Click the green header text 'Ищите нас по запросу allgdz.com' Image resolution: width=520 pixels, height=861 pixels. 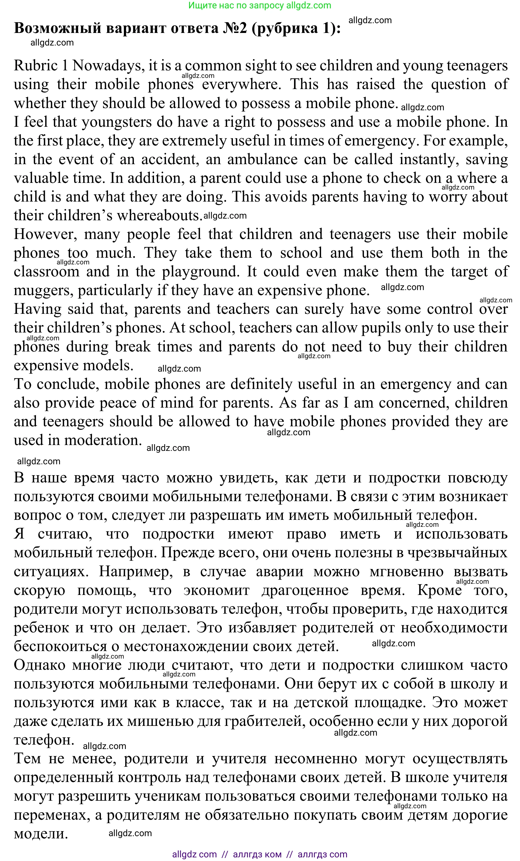pyautogui.click(x=259, y=6)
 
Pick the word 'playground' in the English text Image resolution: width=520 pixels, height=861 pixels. pyautogui.click(x=200, y=272)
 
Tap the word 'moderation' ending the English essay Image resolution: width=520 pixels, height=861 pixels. pyautogui.click(x=103, y=440)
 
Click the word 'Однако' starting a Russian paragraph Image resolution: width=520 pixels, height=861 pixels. pyautogui.click(x=39, y=665)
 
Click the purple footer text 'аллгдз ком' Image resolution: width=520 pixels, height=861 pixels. pyautogui.click(x=257, y=854)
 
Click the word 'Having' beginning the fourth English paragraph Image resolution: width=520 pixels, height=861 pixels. pyautogui.click(x=37, y=309)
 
